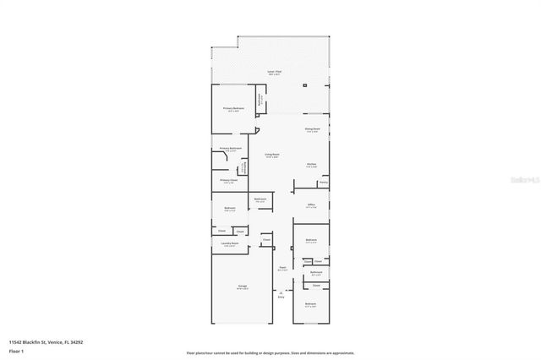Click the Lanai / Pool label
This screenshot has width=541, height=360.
pyautogui.click(x=274, y=72)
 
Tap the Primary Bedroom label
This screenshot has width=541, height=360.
pyautogui.click(x=232, y=108)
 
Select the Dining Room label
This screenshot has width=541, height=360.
pyautogui.click(x=312, y=129)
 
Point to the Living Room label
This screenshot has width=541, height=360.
pyautogui.click(x=271, y=155)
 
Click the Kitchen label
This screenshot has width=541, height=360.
pyautogui.click(x=311, y=165)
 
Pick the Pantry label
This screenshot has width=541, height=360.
pyautogui.click(x=323, y=182)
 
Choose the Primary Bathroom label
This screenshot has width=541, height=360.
pyautogui.click(x=231, y=149)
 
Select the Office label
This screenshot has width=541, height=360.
pyautogui.click(x=311, y=205)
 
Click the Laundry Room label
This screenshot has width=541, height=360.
pyautogui.click(x=230, y=244)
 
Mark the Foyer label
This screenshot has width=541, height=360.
pyautogui.click(x=283, y=269)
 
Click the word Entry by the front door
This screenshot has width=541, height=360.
pyautogui.click(x=281, y=297)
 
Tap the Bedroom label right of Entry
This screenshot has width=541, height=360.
pyautogui.click(x=310, y=303)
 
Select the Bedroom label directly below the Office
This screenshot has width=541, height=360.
pyautogui.click(x=310, y=241)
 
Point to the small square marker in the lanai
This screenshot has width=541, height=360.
pyautogui.click(x=308, y=85)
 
